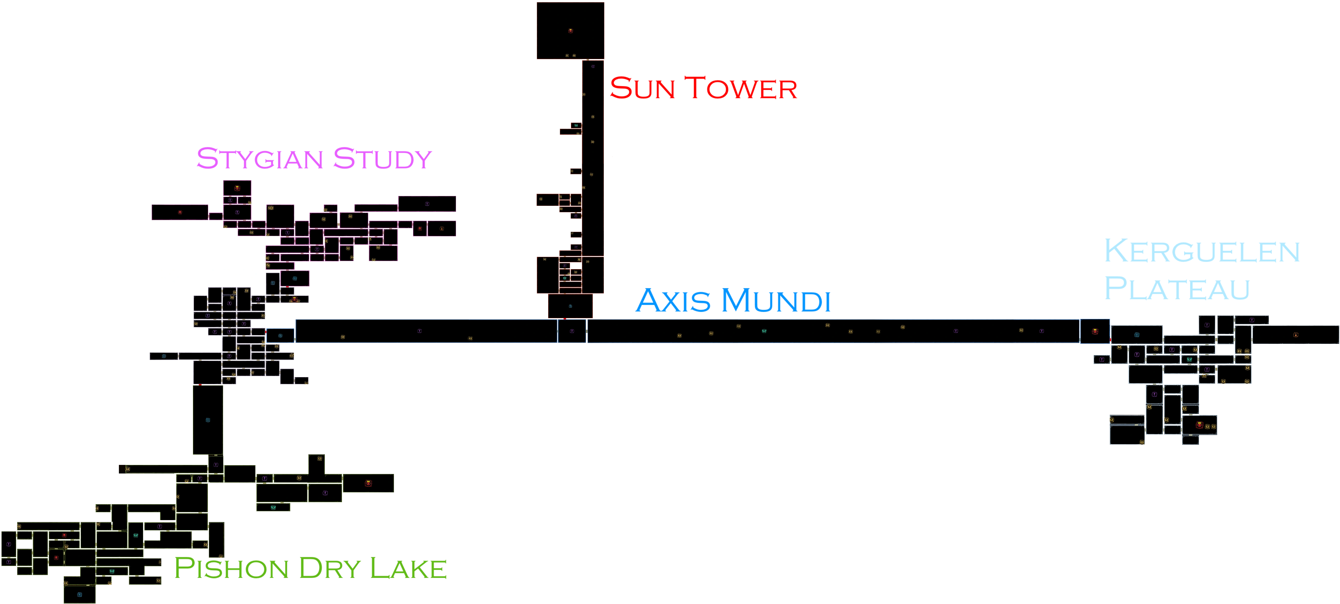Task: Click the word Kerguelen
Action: click(x=1202, y=251)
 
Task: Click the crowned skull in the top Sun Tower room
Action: click(x=571, y=31)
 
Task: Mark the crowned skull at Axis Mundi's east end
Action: click(x=1095, y=331)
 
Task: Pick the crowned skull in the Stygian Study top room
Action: click(x=237, y=188)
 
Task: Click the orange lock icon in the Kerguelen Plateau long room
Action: click(x=1296, y=335)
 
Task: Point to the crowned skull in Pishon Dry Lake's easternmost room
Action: click(x=368, y=483)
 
